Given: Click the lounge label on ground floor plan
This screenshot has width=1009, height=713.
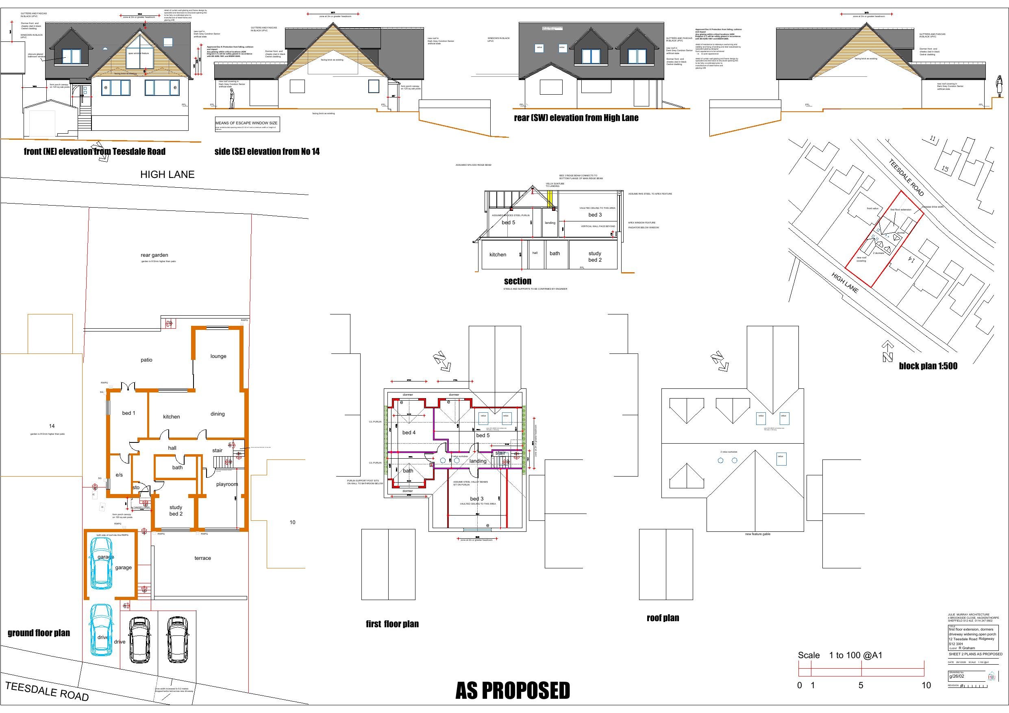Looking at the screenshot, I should tap(218, 356).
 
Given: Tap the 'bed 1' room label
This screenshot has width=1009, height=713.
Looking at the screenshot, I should tap(128, 413).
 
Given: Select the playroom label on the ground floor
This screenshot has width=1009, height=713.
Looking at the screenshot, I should tap(227, 484).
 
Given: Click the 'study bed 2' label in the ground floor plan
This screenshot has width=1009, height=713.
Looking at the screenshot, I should tap(176, 511).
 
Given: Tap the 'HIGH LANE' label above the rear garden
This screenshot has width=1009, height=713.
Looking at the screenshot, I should tap(167, 174).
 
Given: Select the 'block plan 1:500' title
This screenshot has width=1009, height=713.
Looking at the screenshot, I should tap(928, 366).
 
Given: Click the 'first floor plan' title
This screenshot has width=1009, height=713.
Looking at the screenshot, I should tap(392, 624).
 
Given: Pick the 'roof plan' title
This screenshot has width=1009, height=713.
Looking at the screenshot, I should tap(662, 618).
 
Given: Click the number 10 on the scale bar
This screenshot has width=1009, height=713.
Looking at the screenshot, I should tap(926, 685).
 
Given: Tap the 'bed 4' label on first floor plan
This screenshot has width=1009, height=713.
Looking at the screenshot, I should tap(409, 432).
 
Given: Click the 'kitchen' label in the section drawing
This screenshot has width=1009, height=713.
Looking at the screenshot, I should tap(498, 254).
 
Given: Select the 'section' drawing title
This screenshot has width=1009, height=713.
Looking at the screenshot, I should tap(517, 281).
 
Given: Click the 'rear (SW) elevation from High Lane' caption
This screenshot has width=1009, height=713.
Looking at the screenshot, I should tap(576, 118).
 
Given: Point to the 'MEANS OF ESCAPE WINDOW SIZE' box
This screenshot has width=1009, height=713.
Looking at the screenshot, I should tap(247, 124).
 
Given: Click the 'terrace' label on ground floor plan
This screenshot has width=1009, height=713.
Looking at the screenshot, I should tap(202, 558).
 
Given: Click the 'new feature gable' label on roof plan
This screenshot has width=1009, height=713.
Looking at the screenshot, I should tap(757, 534).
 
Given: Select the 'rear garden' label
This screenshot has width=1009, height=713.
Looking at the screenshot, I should tap(154, 255).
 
